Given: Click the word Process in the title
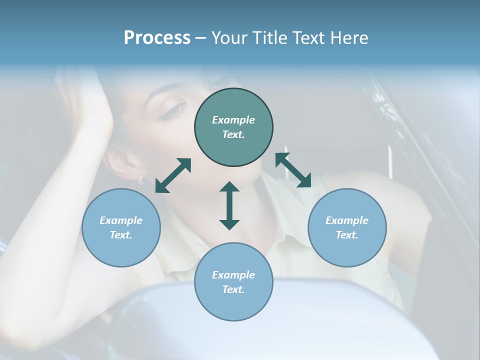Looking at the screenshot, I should coord(157,38).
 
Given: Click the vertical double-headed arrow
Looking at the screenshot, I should coord(229,205).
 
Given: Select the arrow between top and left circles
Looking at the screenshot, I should coord(173,175).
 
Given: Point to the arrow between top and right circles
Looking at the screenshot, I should coord(293,170).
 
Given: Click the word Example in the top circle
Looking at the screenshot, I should coord(233,120).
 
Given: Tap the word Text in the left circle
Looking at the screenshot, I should coord(121,235).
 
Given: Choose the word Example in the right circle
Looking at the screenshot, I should coord(347,220).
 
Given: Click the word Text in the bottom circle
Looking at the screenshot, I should coord(233,289).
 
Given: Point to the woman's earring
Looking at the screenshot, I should coord(140,179).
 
